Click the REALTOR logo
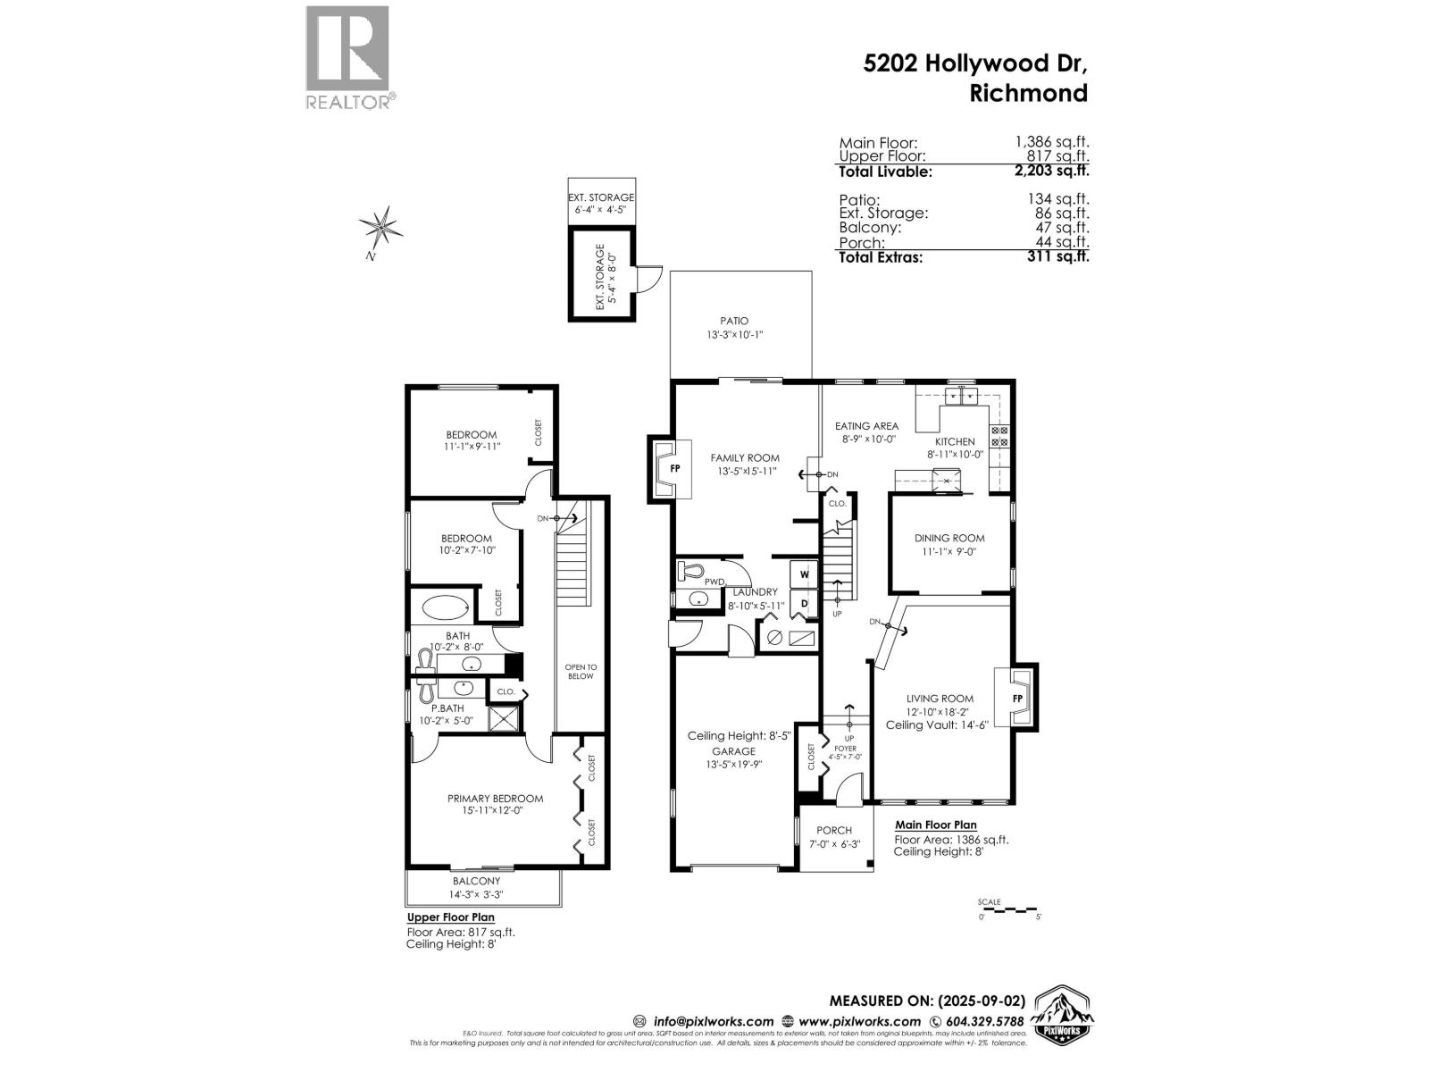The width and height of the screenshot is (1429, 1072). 347,58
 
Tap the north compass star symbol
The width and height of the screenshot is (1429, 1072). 381,227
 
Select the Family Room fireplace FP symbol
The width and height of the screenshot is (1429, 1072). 674,468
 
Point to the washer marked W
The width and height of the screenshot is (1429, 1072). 804,574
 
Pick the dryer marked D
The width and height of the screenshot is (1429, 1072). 804,605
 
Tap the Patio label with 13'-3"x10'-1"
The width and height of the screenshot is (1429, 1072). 734,328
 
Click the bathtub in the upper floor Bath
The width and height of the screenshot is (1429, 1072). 444,609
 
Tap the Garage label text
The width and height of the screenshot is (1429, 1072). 733,751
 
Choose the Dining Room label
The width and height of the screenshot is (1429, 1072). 949,538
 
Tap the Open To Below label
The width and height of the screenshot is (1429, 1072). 581,671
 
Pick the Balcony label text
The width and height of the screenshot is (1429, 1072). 476,881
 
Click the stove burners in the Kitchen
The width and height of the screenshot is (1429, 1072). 999,436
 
